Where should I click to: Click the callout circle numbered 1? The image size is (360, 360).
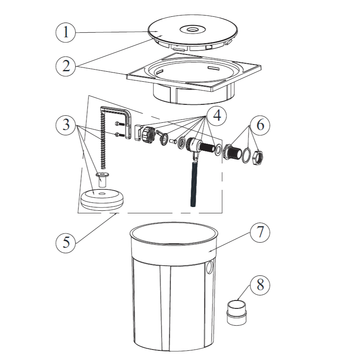(66, 32)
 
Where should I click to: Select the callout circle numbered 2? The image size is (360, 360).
(66, 66)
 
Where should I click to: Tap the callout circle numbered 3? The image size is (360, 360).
(66, 125)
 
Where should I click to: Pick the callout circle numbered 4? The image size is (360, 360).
(217, 116)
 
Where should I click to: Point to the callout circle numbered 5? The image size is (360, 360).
(66, 243)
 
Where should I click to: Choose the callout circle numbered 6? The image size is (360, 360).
(260, 125)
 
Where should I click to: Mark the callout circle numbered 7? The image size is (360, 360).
(260, 232)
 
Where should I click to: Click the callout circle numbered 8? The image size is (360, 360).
(260, 285)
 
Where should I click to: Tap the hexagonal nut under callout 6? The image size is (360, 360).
(258, 157)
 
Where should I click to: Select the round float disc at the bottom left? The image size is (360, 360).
(102, 199)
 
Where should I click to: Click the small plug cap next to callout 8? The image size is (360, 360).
(236, 313)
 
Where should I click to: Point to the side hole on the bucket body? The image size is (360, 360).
(210, 267)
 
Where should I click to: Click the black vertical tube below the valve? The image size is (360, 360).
(194, 184)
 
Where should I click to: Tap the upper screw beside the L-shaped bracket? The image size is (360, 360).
(120, 124)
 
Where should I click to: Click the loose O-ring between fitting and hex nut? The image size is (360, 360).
(246, 155)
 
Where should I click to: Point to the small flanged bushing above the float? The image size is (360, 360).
(102, 179)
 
